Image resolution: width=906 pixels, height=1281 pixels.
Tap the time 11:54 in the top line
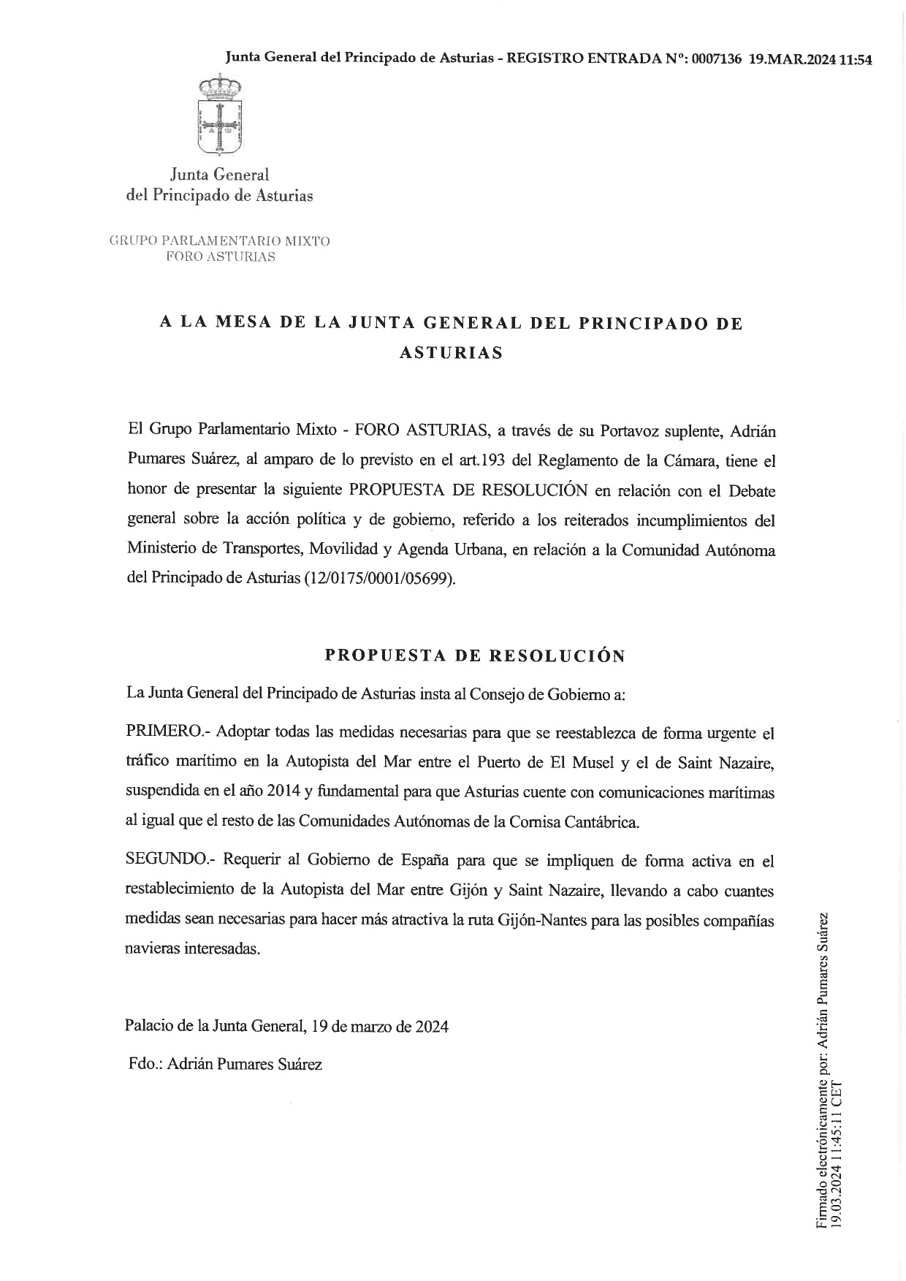856,60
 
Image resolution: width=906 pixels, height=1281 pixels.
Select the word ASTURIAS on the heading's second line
451,352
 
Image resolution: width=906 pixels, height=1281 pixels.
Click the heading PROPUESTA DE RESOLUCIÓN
475,655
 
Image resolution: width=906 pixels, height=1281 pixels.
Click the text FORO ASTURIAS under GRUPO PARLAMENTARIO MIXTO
220,256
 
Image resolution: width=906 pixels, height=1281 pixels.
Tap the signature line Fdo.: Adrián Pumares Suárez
225,1064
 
